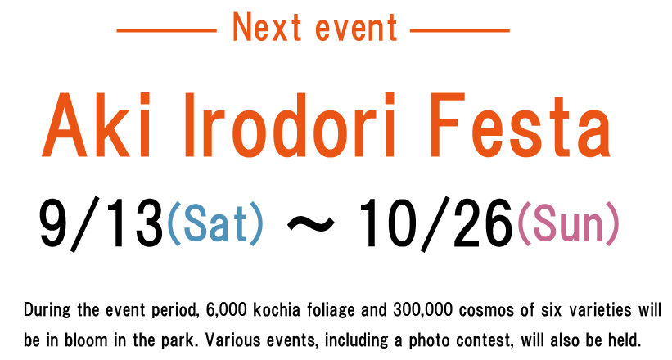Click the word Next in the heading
coord(267,27)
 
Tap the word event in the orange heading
coord(356,29)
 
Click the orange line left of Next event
coord(166,30)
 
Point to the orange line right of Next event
coord(459,30)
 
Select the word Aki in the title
coord(97,125)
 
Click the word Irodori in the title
coord(289,125)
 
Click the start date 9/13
coord(101,223)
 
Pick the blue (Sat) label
coord(215,223)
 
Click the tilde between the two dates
coord(310,223)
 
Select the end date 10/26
coord(435,223)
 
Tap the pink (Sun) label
coord(569,223)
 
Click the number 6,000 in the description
coord(226,309)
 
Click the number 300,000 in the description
coord(422,309)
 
